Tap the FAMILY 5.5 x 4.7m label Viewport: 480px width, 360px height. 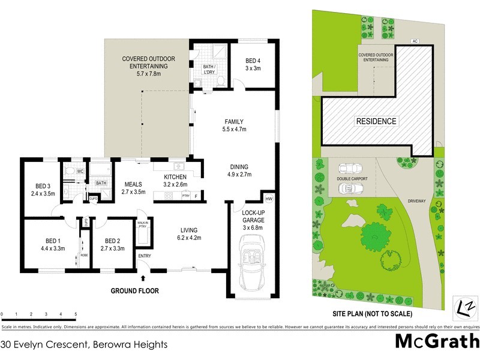coord(235,125)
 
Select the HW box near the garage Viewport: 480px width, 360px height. coord(268,198)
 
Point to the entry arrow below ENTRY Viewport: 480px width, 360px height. coord(143,278)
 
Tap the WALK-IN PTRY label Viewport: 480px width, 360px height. coord(143,225)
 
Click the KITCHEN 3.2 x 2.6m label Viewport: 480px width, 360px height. coord(175,181)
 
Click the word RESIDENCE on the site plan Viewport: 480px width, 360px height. coord(377,121)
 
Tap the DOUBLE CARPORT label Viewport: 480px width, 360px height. coord(352,178)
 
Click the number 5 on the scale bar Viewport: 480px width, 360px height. coord(76,314)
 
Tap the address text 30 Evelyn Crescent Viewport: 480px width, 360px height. coord(84,345)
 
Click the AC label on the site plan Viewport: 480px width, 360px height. coord(414,41)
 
